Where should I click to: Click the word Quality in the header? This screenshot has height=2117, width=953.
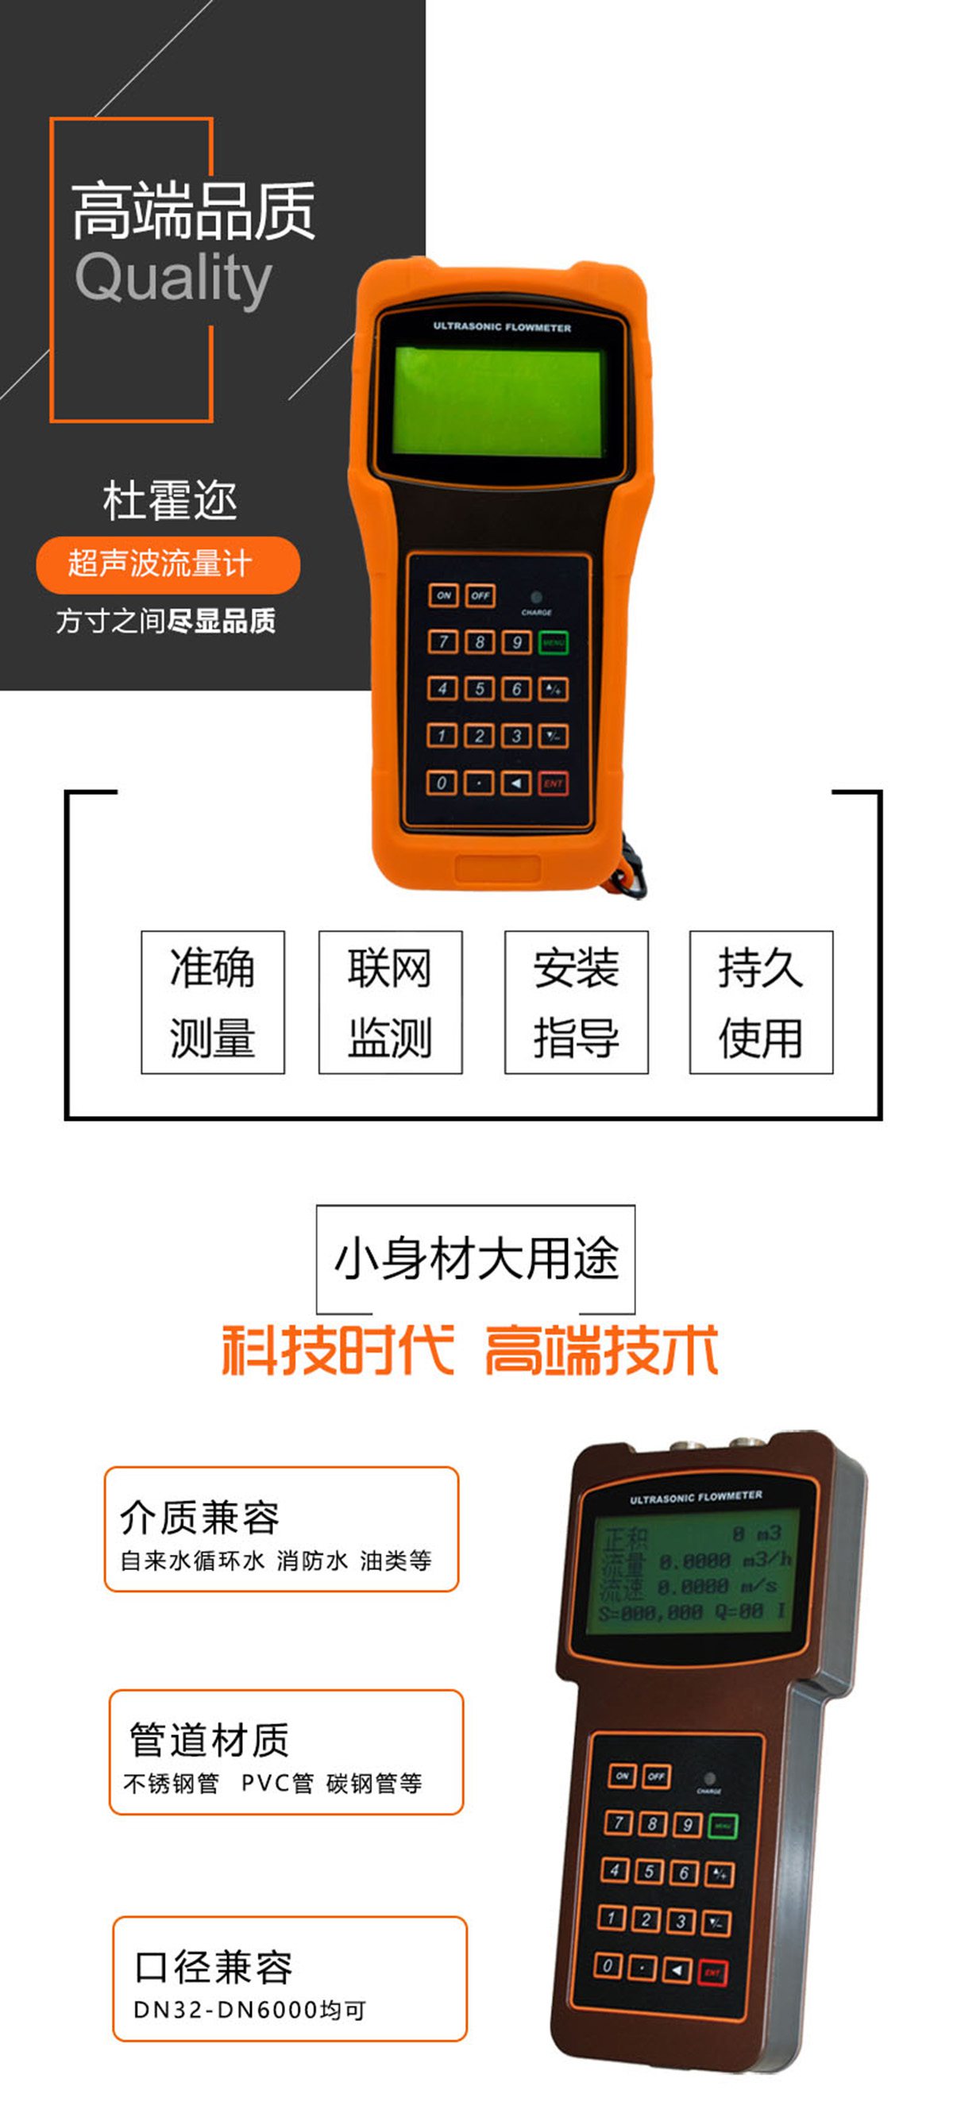pyautogui.click(x=172, y=278)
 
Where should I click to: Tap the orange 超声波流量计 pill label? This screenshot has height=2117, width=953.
pyautogui.click(x=168, y=564)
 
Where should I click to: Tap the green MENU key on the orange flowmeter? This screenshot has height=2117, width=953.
pyautogui.click(x=554, y=642)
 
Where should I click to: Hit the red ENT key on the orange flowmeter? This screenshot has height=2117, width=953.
pyautogui.click(x=554, y=783)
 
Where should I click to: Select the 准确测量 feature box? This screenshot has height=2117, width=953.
pyautogui.click(x=213, y=1002)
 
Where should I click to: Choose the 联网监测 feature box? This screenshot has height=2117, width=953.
pyautogui.click(x=391, y=1002)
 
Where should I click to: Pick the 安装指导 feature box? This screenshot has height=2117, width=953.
pyautogui.click(x=577, y=1002)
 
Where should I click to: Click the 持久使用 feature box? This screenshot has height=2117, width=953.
pyautogui.click(x=761, y=1002)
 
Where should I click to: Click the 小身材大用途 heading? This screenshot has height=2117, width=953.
pyautogui.click(x=476, y=1258)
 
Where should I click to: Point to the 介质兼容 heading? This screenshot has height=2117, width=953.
pyautogui.click(x=200, y=1517)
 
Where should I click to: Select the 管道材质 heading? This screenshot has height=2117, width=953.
pyautogui.click(x=210, y=1740)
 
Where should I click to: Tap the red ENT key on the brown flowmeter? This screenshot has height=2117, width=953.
pyautogui.click(x=712, y=1973)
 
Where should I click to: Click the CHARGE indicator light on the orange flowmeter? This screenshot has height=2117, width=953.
pyautogui.click(x=536, y=598)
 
